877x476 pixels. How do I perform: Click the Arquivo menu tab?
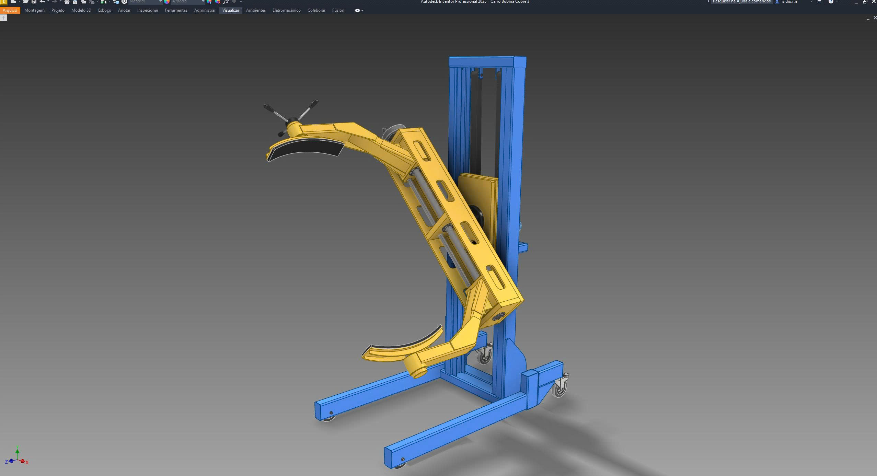[x=10, y=10]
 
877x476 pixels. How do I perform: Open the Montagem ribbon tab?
[x=34, y=10]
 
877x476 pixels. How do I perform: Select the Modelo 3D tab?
[x=81, y=10]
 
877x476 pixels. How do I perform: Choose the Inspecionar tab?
[x=148, y=10]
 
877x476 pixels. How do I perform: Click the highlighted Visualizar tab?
[x=231, y=10]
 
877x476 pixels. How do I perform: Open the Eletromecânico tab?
[x=286, y=10]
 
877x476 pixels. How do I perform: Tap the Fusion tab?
[x=338, y=10]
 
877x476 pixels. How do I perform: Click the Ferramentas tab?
[x=176, y=10]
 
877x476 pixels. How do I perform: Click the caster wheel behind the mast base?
[x=484, y=355]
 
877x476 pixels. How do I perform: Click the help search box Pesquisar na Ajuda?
[x=741, y=2]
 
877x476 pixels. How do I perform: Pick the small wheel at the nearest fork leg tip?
[x=399, y=465]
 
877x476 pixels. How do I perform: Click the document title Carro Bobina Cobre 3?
[x=510, y=2]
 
